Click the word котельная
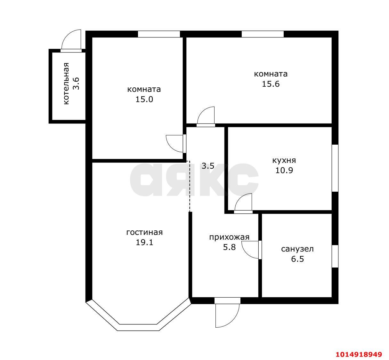tap(67, 84)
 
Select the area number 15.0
tap(144, 100)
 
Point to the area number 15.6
tap(271, 84)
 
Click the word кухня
tap(284, 160)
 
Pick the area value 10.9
tap(284, 171)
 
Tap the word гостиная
tap(144, 233)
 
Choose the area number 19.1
tap(144, 243)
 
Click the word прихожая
tap(229, 237)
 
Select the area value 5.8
tap(229, 247)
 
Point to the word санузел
tap(297, 249)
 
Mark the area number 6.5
tap(297, 259)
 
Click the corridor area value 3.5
tap(208, 166)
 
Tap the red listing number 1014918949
tap(359, 354)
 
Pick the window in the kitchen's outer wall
tap(335, 168)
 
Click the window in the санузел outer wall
tap(335, 256)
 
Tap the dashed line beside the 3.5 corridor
tap(190, 186)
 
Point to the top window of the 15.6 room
tap(263, 34)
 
